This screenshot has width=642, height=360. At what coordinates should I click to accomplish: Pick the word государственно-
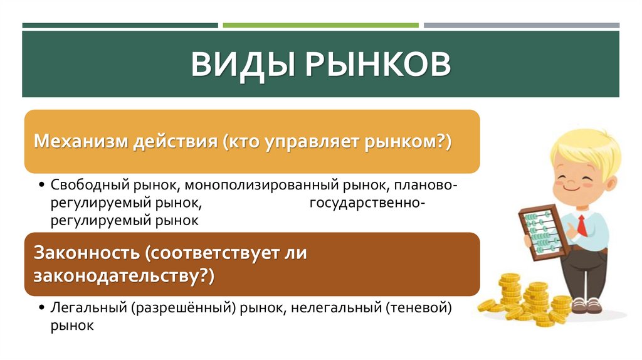tap(368, 203)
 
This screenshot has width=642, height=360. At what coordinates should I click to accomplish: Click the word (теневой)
tap(419, 308)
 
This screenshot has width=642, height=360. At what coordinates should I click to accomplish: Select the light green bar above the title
tap(320, 26)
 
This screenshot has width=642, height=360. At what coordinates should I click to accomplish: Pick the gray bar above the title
tap(521, 26)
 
